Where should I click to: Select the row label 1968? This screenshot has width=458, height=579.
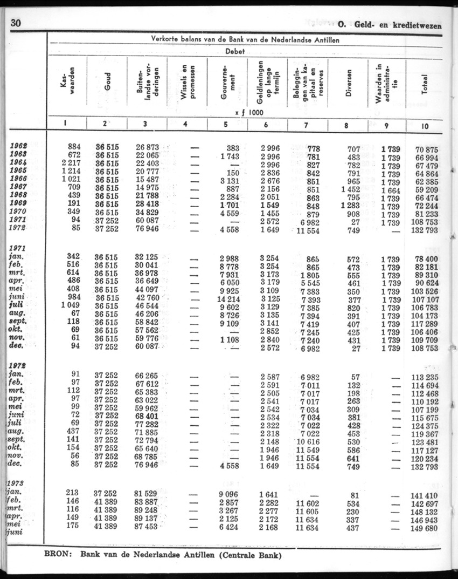pyautogui.click(x=19, y=195)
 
